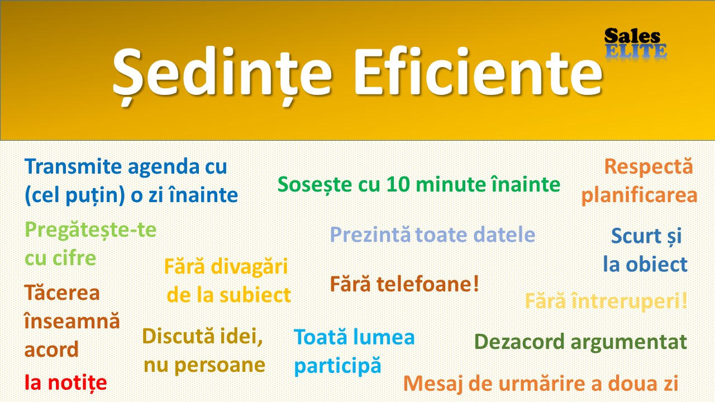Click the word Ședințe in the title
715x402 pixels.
tap(222, 74)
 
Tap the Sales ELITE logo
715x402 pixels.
tap(635, 44)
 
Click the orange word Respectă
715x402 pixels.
tap(649, 167)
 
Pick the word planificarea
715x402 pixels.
tap(640, 195)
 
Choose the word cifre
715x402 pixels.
tap(74, 258)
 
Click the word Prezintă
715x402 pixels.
tap(370, 234)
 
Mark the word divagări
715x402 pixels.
tap(249, 267)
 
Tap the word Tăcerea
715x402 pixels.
tap(62, 293)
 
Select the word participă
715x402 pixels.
tap(338, 366)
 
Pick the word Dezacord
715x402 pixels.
tap(519, 342)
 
